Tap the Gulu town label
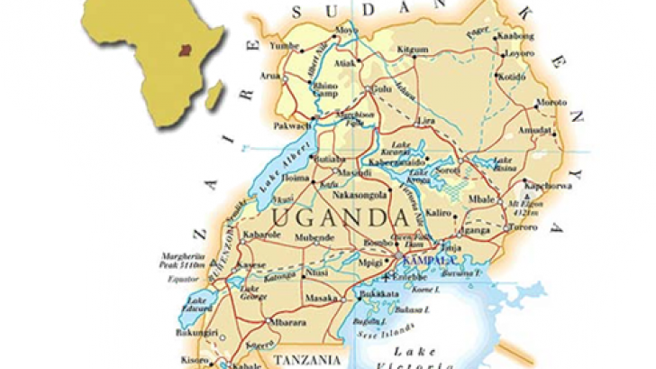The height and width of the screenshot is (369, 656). (382, 90)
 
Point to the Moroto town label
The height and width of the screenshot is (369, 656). (551, 101)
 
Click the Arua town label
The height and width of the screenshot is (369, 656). (269, 77)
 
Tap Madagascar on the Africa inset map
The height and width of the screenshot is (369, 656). (214, 92)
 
